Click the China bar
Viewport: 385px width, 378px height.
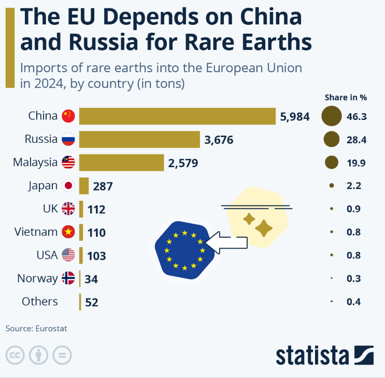(177, 116)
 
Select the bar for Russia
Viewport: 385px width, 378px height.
(139, 139)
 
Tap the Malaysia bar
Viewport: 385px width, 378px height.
(121, 163)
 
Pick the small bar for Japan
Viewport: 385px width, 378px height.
(83, 185)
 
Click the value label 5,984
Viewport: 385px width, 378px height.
(295, 116)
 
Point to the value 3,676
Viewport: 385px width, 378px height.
(219, 140)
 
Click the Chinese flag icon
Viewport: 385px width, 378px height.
(68, 116)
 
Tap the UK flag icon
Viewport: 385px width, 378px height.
(68, 209)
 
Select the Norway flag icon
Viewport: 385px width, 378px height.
(68, 278)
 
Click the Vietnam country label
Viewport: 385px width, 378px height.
(36, 232)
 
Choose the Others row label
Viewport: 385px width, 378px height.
(40, 302)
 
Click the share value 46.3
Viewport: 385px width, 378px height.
(357, 116)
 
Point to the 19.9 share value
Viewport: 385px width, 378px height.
(357, 163)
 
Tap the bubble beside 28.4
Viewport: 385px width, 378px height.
(331, 139)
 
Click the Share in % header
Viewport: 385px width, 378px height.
(346, 97)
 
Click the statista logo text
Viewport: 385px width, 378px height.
(312, 356)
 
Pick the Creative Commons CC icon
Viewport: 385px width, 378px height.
(16, 356)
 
